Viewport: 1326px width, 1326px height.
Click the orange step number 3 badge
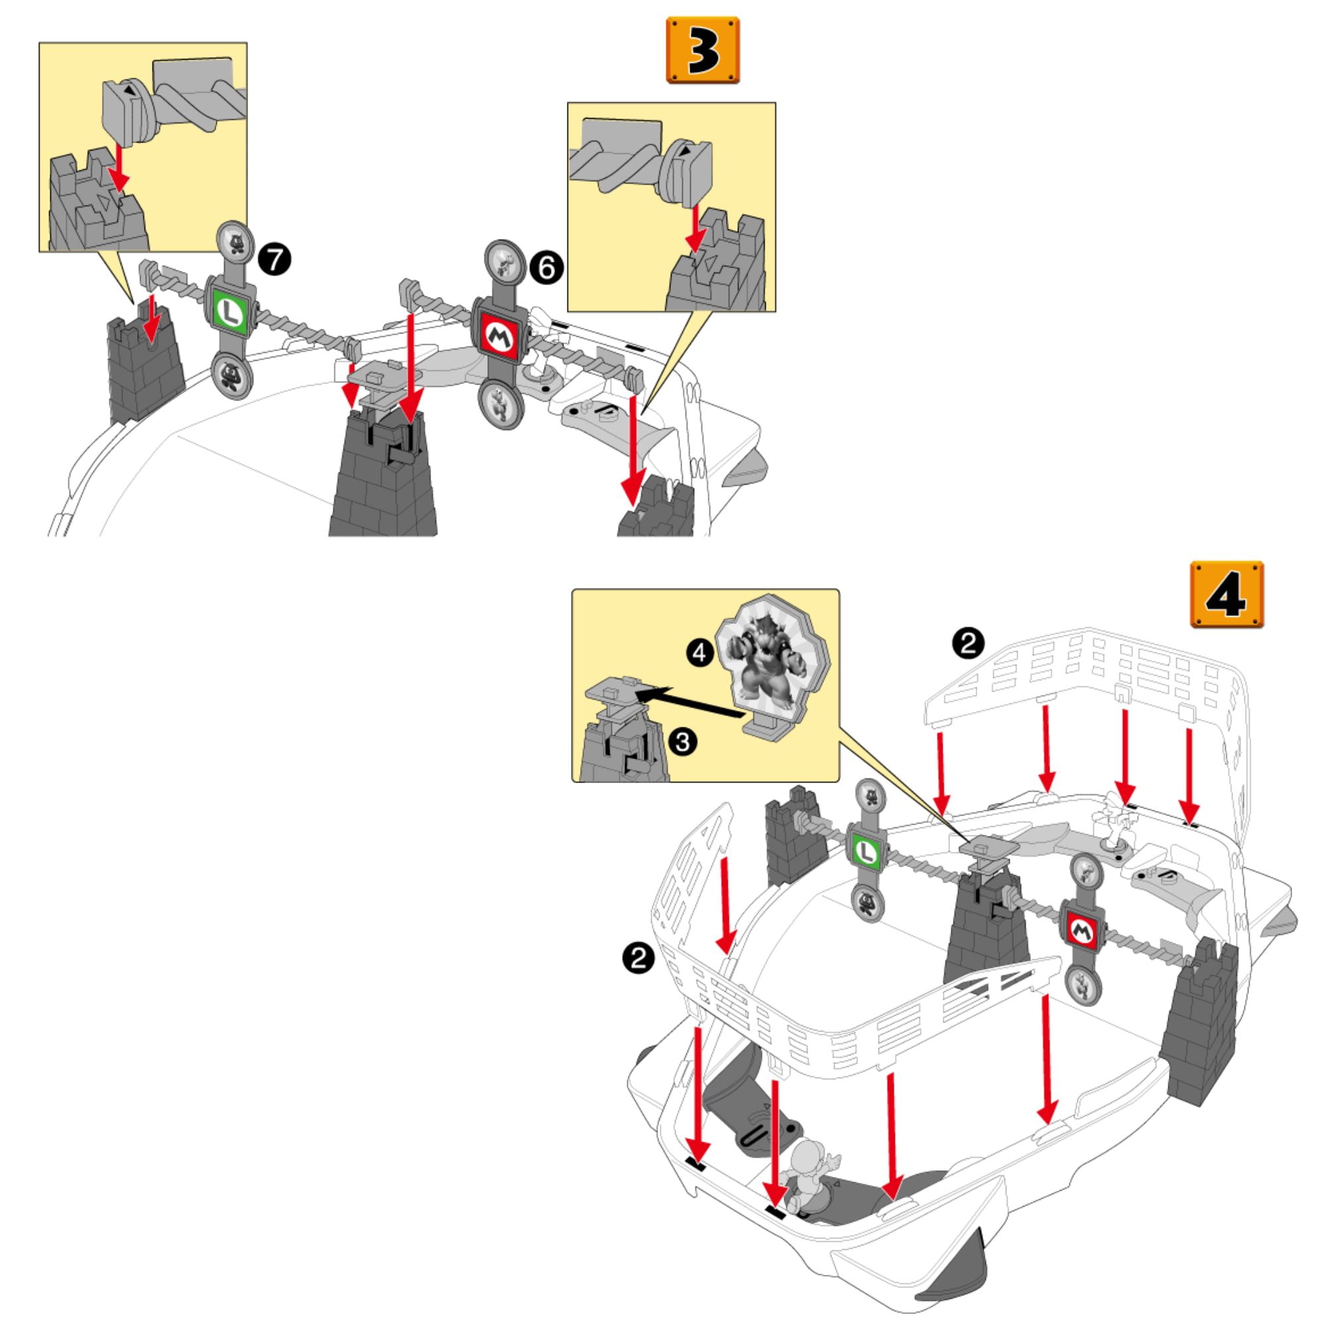click(703, 50)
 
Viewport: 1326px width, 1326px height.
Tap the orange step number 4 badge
click(1227, 593)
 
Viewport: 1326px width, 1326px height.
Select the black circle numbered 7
click(274, 261)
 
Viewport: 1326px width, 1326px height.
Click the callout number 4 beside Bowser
click(699, 652)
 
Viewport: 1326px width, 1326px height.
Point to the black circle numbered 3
click(683, 741)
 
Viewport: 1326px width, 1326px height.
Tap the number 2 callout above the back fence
click(968, 644)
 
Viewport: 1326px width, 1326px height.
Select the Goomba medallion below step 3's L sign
click(231, 374)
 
